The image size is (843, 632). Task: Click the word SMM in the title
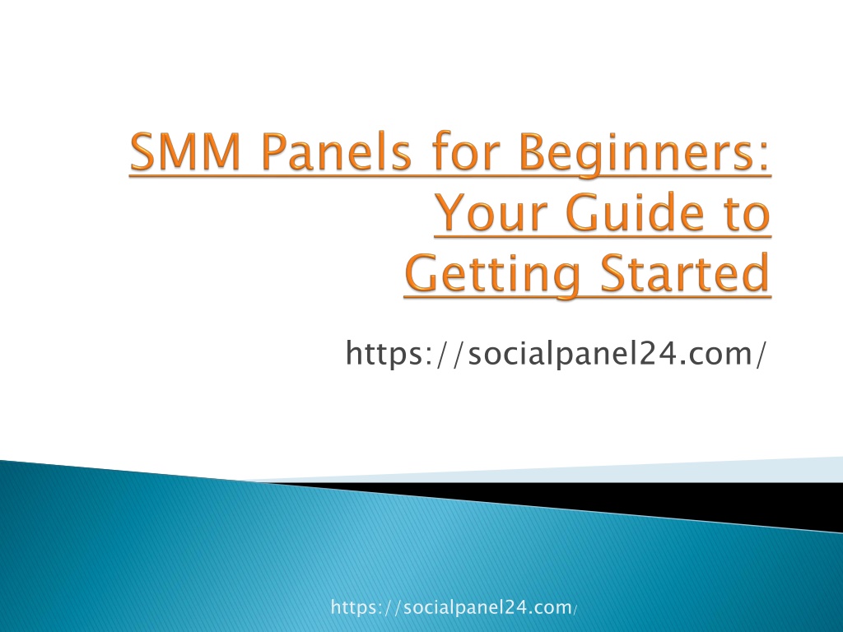tap(184, 151)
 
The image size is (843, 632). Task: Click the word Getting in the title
tap(492, 275)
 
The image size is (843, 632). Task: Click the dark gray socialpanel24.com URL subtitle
tap(555, 354)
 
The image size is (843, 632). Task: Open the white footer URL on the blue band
tap(454, 607)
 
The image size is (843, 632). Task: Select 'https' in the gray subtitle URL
tap(384, 354)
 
